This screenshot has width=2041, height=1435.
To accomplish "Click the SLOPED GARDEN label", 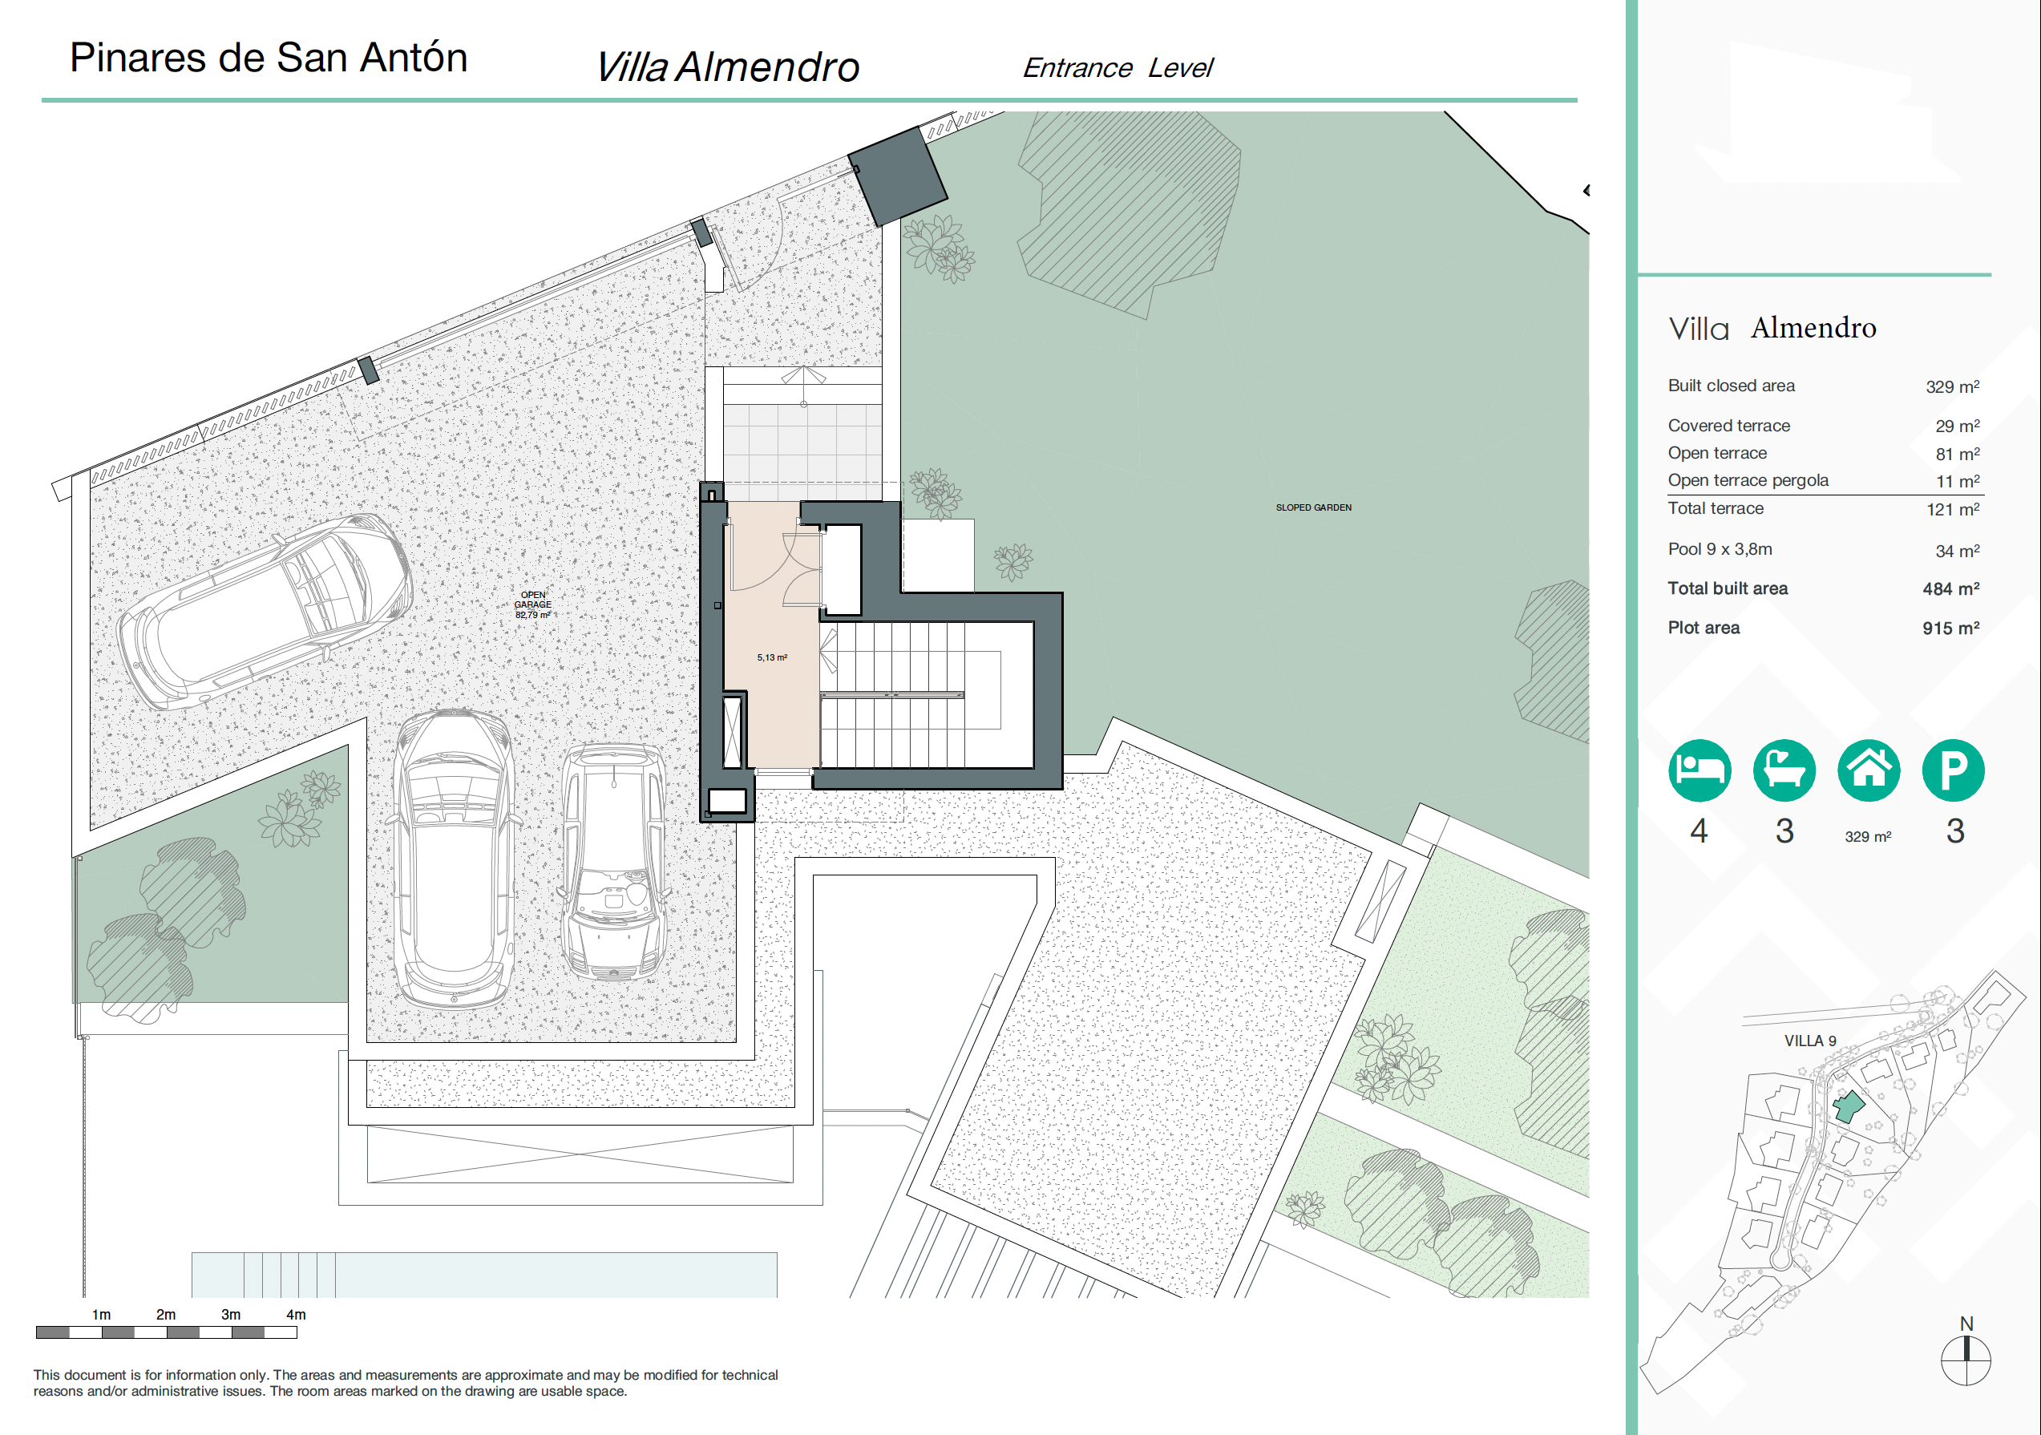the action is click(x=1313, y=507).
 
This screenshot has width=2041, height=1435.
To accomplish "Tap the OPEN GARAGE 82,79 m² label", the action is click(x=532, y=604).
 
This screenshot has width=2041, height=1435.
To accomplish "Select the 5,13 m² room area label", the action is click(x=772, y=658).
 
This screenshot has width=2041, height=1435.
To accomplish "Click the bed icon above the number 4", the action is click(x=1699, y=770).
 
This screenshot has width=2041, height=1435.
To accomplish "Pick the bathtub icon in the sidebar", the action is click(x=1784, y=770).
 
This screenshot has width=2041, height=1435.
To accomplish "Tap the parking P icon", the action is click(x=1953, y=770).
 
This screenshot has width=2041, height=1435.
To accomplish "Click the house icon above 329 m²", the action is click(x=1869, y=770).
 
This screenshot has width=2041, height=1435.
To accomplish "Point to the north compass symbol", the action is click(x=1966, y=1360).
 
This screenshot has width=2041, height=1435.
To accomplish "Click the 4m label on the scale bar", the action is click(x=296, y=1314).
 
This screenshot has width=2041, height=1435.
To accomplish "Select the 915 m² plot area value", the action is click(x=1950, y=628).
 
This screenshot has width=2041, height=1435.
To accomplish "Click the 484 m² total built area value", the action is click(x=1950, y=588).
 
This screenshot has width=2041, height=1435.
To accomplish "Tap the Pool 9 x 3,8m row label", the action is click(x=1720, y=548).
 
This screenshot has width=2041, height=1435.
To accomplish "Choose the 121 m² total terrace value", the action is click(x=1952, y=509).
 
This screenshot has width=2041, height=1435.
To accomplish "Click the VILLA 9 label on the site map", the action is click(x=1810, y=1041).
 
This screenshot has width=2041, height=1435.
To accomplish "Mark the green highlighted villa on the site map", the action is click(x=1849, y=1107).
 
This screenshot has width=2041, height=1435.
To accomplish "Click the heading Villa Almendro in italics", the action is click(x=727, y=67).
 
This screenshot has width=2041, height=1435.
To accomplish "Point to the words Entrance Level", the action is click(x=1117, y=67).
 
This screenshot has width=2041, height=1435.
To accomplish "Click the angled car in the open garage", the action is click(x=265, y=611).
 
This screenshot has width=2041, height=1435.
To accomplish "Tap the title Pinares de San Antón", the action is click(x=269, y=58).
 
